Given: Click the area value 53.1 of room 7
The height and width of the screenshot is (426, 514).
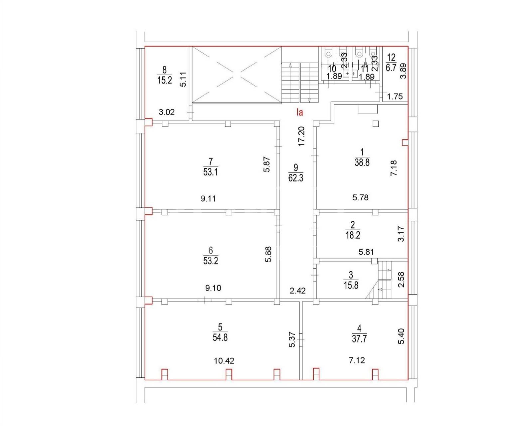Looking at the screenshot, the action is pos(211,172).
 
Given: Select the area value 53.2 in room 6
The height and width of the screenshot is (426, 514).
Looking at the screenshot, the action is pos(211,261).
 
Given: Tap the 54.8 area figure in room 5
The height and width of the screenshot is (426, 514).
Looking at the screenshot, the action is pos(220,337).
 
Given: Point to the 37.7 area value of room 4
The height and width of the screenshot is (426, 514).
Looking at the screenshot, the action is pos(359,339).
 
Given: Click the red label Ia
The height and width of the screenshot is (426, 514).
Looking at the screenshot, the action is pos(300,112).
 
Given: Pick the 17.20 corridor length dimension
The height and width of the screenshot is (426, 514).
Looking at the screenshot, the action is pos(301,136).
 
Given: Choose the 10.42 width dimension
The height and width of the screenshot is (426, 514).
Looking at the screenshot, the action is pos(224,361).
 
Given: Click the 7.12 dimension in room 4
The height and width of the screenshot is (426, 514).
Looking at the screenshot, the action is pos(357,360).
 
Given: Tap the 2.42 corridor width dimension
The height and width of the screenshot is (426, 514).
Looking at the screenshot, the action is pos(298,291).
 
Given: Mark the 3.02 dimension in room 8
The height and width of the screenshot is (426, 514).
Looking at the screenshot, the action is pos(167,112).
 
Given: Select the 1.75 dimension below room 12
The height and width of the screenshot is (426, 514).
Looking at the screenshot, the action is pos(395,97).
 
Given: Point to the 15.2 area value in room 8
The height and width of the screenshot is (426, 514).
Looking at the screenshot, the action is pos(165,80).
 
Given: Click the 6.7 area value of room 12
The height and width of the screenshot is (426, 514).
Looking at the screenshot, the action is pos(391,68).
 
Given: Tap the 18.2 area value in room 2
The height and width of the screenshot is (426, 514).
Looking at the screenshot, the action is pos(353,235).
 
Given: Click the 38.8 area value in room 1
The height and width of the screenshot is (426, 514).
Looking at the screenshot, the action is pos(362,162).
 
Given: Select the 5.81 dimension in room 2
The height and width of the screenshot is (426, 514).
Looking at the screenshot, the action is pos(366,252).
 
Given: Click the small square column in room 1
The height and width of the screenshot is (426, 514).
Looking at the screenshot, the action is pos(376,123).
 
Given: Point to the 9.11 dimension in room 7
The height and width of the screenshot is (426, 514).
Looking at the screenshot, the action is pos(208,198).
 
